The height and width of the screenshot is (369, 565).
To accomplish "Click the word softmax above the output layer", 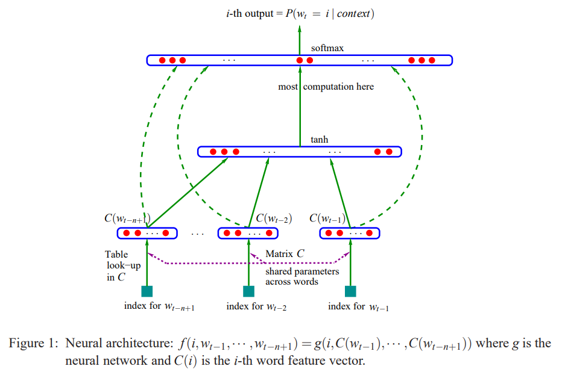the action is click(327, 48).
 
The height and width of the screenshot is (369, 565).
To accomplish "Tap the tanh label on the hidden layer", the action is click(319, 140).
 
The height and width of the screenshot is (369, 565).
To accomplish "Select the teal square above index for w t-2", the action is click(248, 291).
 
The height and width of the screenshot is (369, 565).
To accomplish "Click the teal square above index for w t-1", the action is click(350, 291).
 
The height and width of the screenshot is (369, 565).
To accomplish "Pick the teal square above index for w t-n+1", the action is click(147, 291).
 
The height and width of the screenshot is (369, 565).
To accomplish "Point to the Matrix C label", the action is click(285, 254).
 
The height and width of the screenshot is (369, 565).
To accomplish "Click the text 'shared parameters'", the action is click(302, 271).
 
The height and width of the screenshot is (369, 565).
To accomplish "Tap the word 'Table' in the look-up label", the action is click(116, 254).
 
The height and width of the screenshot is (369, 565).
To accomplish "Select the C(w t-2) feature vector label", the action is click(274, 219).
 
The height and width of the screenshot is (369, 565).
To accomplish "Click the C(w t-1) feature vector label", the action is click(327, 219).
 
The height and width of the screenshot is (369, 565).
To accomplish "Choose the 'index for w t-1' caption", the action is click(358, 306).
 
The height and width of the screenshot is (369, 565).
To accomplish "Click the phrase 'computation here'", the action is click(338, 87).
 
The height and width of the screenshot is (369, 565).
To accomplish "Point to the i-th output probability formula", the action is click(300, 14).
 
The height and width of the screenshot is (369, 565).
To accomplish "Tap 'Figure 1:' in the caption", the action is click(33, 343).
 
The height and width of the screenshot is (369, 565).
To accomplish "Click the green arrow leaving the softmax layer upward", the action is click(300, 40).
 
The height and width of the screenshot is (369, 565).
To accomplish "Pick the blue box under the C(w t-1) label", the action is click(350, 233).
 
